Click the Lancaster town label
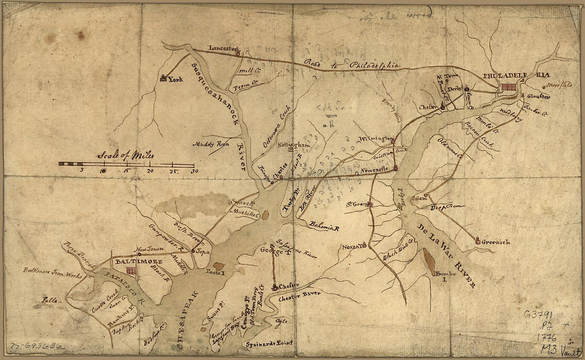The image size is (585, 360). tap(222, 47)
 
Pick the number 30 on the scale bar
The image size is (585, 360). tap(194, 171)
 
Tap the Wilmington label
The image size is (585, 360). tap(374, 139)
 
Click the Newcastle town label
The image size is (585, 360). tap(375, 170)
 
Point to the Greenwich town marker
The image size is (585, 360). tap(478, 242)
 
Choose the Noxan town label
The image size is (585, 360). tap(352, 246)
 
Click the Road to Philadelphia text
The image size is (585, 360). tap(351, 65)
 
